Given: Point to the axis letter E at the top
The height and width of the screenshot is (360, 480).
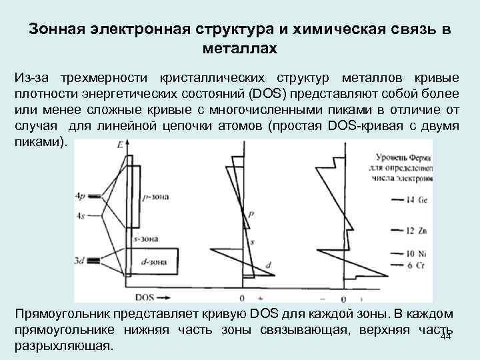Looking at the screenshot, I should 120,144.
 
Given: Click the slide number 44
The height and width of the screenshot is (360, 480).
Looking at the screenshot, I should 447,338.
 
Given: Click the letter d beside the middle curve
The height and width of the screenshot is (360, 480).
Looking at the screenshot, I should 267,265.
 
